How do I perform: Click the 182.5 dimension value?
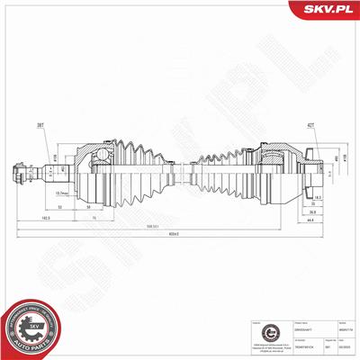(46, 217)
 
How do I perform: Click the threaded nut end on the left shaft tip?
(20, 171)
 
